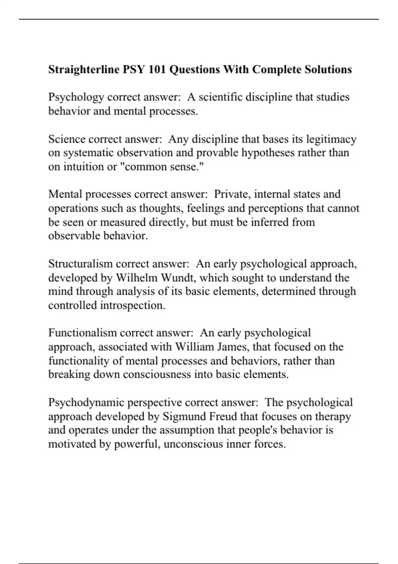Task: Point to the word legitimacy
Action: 331,139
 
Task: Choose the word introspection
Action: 133,305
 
